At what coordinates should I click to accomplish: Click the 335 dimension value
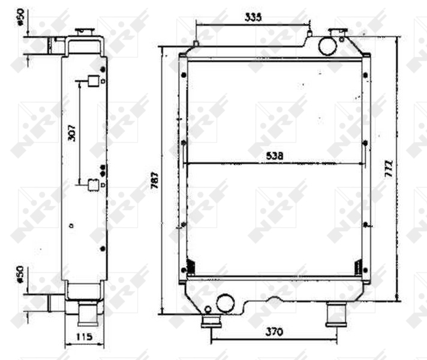coord(253,18)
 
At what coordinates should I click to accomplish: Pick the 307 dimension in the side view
coord(72,132)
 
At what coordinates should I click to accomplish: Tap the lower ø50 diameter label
coord(20,273)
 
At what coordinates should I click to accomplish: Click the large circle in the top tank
coord(327,46)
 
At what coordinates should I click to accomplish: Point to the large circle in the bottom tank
coord(226,303)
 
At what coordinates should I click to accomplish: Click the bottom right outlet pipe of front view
coord(335,314)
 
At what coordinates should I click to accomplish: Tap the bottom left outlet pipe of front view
coord(210,320)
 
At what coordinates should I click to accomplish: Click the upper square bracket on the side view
coord(93,81)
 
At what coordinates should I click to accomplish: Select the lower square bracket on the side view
coord(93,185)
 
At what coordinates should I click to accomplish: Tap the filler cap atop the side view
coord(83,31)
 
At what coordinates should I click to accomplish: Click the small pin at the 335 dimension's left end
coord(196,44)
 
